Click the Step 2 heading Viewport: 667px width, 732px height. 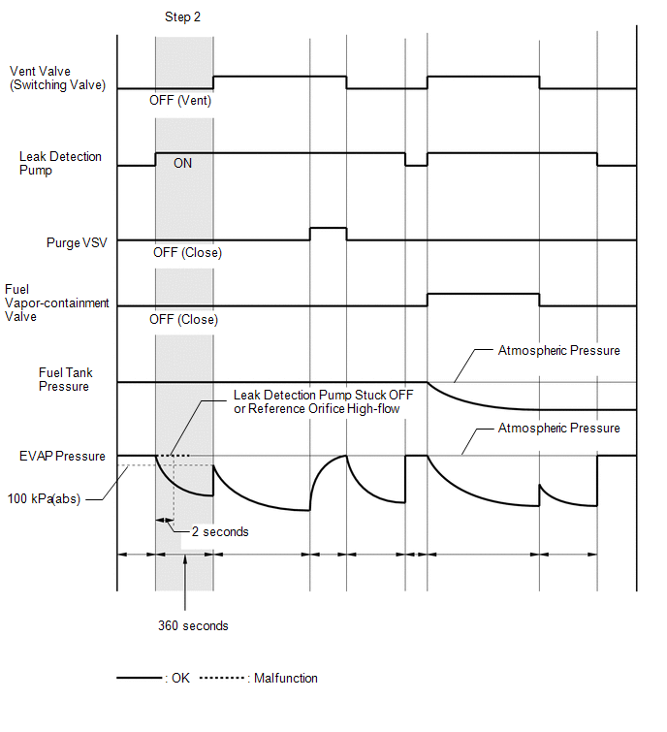point(184,17)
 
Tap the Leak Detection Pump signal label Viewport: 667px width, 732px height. point(60,163)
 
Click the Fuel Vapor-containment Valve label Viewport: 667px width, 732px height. point(56,302)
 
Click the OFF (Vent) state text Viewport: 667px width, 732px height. point(180,100)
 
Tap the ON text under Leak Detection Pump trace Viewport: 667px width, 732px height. point(182,164)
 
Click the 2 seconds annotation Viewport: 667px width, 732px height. point(220,531)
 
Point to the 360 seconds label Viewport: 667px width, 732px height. point(193,625)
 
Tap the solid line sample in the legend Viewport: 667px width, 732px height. point(140,678)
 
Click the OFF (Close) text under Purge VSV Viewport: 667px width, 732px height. point(187,253)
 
